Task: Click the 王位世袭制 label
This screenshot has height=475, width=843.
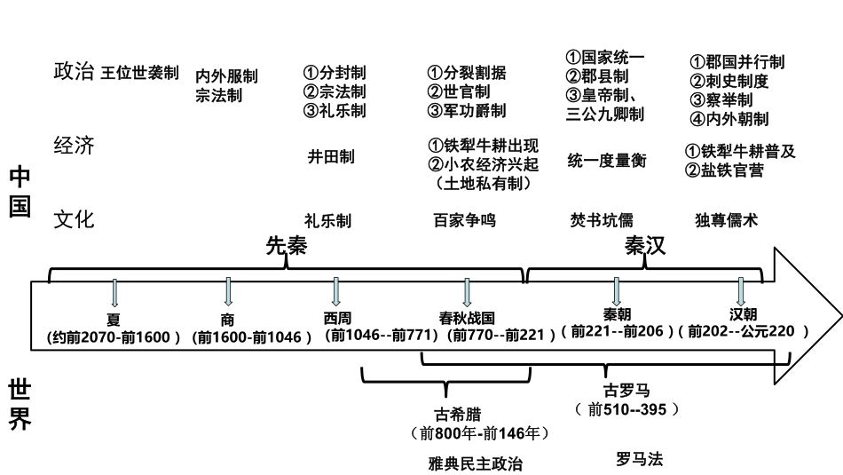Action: (x=139, y=73)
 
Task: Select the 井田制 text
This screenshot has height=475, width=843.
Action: (x=331, y=157)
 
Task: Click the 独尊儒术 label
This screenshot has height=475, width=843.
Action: (x=727, y=219)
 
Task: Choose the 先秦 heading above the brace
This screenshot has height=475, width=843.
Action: (x=287, y=248)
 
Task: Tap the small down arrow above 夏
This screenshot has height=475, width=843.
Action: (x=114, y=294)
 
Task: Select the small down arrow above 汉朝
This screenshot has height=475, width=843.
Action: (x=742, y=292)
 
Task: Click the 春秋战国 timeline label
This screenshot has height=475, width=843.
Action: (x=467, y=317)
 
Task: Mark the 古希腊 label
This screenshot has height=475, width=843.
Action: (x=453, y=414)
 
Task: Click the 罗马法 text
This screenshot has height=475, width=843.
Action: (x=639, y=459)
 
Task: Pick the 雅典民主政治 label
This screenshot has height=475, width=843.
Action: (x=475, y=463)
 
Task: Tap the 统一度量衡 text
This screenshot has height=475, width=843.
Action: (x=607, y=161)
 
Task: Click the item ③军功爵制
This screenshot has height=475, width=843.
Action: (x=467, y=111)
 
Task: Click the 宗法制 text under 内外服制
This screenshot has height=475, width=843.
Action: (x=218, y=96)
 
